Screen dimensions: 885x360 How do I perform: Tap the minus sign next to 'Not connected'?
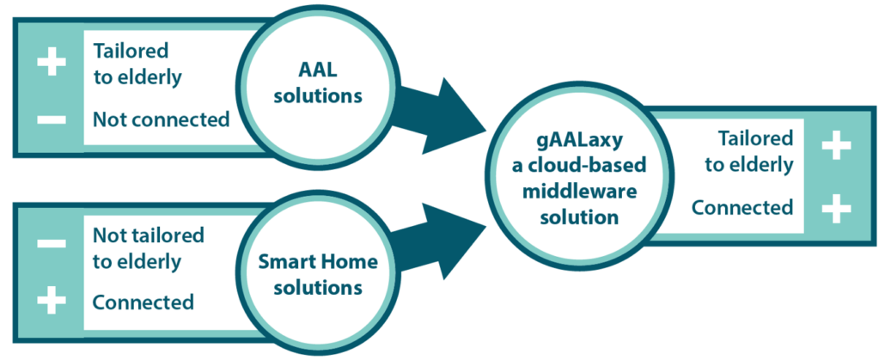(x=52, y=119)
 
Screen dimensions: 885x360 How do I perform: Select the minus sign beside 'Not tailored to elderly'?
(x=52, y=244)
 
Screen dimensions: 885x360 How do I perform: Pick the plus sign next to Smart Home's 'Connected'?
(x=52, y=302)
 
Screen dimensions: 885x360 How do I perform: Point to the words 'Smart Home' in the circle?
(x=317, y=262)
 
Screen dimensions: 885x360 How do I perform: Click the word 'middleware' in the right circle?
(x=580, y=191)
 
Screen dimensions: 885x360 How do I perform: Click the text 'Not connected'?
(x=162, y=119)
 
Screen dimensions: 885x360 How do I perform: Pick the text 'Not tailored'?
(x=149, y=235)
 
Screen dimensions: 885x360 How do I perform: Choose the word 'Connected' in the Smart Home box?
(x=143, y=302)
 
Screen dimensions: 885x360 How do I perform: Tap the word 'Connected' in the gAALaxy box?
(x=742, y=208)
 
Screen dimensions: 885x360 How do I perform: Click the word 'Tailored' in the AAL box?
(x=131, y=52)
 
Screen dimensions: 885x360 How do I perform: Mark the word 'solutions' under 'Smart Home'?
(x=317, y=288)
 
